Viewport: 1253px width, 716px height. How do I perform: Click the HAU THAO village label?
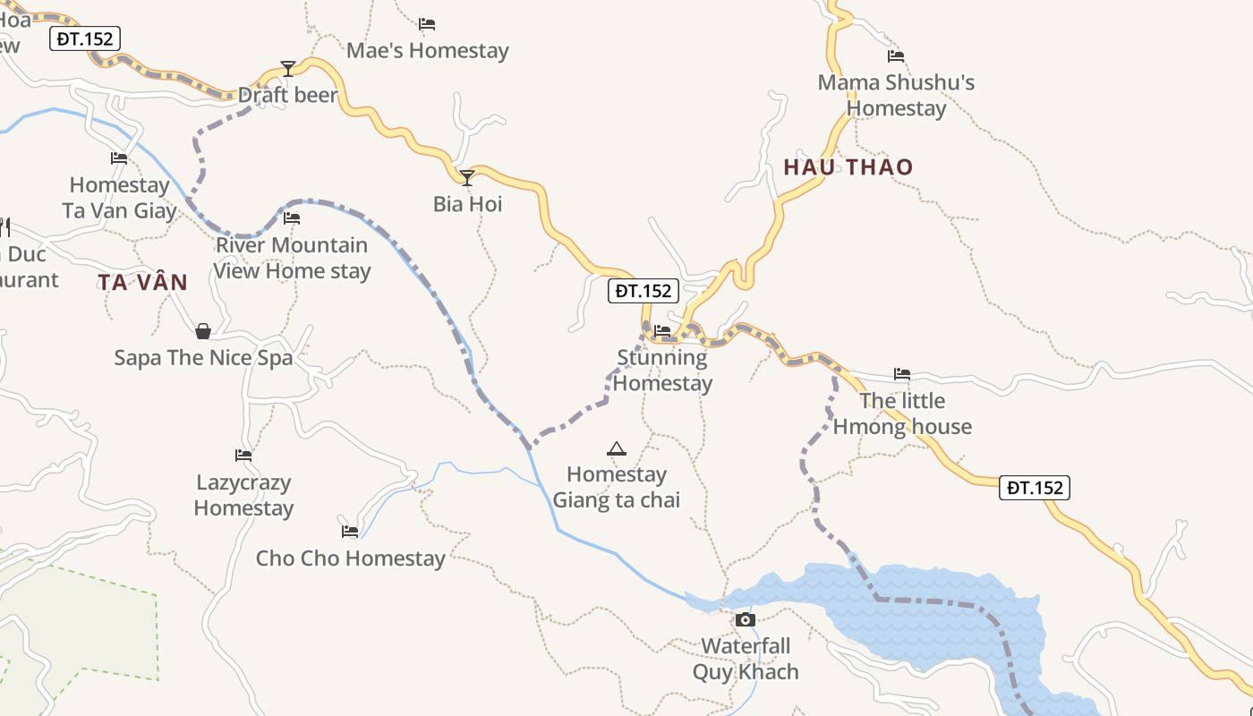(848, 167)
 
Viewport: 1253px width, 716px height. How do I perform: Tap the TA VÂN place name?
(143, 283)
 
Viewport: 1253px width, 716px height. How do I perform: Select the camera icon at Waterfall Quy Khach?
(745, 619)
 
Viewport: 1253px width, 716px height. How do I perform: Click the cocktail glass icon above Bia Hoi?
(466, 178)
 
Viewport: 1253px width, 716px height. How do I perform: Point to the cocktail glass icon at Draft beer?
(287, 69)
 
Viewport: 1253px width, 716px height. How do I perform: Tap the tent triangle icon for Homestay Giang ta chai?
(616, 448)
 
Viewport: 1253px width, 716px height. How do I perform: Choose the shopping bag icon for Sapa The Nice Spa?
(203, 332)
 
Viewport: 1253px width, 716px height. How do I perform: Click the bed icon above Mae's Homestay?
(427, 24)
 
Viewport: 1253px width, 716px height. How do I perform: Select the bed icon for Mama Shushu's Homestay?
(896, 56)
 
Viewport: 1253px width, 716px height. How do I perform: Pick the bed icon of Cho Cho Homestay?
(350, 532)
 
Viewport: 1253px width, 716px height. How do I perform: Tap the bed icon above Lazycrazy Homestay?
(243, 456)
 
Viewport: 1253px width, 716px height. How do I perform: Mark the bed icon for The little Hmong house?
(902, 374)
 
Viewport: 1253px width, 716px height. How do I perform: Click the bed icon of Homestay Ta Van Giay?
(119, 158)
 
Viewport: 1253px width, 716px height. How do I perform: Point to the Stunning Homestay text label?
(662, 371)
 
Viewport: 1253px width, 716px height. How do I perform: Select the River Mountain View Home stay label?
(292, 258)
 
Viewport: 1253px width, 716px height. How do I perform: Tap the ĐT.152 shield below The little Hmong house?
(1034, 488)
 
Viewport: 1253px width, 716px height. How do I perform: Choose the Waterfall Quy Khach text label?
(746, 659)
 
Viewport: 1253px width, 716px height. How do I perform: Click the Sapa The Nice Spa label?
(203, 358)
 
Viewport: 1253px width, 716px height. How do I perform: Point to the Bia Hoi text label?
(467, 204)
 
